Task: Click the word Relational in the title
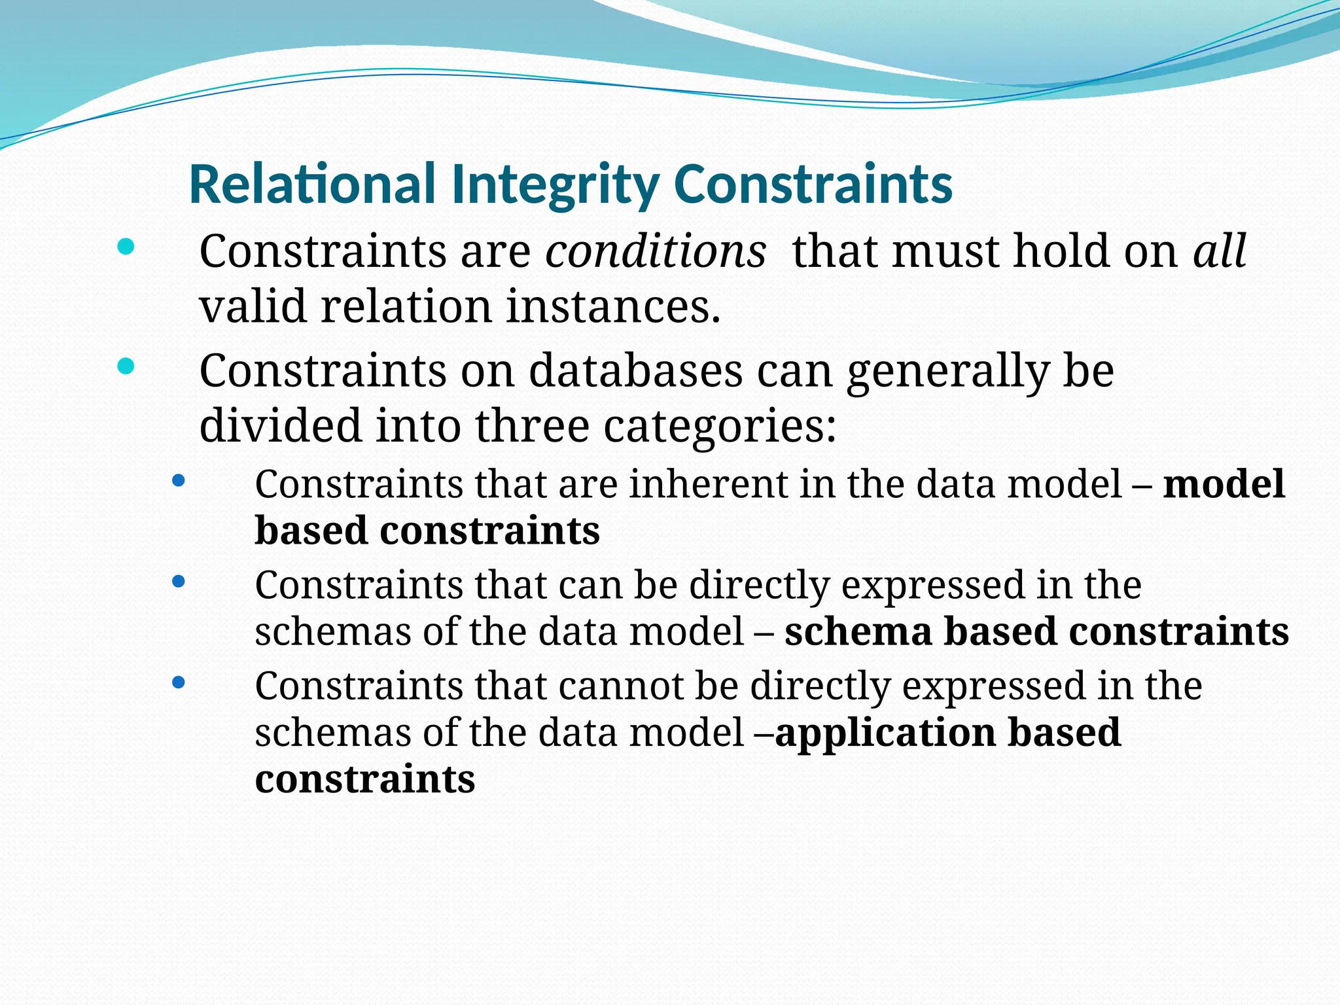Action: [x=311, y=185]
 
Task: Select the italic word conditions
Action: [x=656, y=251]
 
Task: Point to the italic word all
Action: [x=1220, y=251]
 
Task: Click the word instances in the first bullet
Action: [x=613, y=307]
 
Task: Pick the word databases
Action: [x=635, y=371]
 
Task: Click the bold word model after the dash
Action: [x=1224, y=485]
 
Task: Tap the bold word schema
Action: [x=858, y=632]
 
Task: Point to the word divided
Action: [x=280, y=426]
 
